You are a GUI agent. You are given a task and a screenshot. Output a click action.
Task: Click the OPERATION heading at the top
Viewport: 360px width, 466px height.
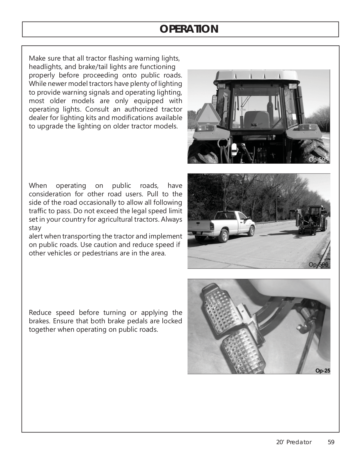(x=189, y=29)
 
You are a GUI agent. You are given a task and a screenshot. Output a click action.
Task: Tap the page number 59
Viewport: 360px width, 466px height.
(x=331, y=442)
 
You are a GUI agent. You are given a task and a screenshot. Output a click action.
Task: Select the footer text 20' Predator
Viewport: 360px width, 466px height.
(x=294, y=442)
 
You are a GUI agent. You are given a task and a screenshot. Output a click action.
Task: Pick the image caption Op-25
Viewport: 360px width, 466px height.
(x=322, y=371)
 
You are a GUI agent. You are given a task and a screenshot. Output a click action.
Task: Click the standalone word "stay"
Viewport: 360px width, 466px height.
(x=35, y=228)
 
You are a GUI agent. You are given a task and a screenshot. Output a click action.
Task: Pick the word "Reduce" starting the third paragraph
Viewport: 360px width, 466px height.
(x=40, y=313)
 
